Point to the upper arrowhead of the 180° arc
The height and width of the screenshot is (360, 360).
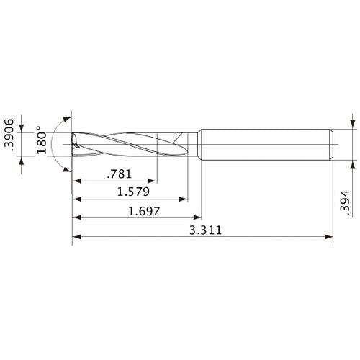tap(68, 117)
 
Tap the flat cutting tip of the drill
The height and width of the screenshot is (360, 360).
tap(73, 144)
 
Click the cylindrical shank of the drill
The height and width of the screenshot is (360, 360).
tap(266, 144)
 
